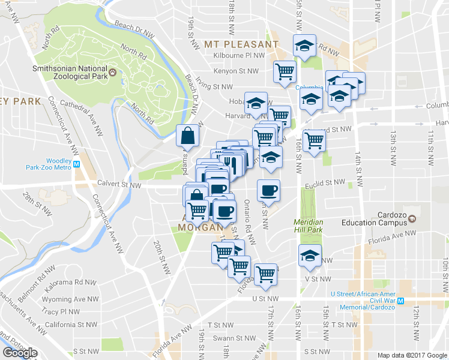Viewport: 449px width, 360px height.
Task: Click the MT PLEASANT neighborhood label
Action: pyautogui.click(x=241, y=44)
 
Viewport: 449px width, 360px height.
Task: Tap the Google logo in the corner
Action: pyautogui.click(x=20, y=352)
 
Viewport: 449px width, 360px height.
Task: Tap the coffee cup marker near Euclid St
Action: pyautogui.click(x=268, y=190)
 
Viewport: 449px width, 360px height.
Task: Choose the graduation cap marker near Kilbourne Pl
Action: pyautogui.click(x=304, y=45)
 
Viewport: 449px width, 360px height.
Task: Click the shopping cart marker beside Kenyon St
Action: pyautogui.click(x=285, y=71)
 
